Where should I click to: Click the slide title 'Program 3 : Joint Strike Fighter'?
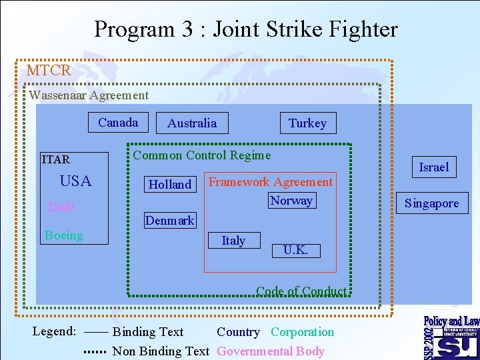[245, 29]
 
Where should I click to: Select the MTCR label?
[49, 71]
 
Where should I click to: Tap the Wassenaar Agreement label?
[89, 95]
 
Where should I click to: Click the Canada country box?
[118, 123]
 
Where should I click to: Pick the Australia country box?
[191, 123]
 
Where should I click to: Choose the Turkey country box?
[307, 123]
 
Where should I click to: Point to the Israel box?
[433, 167]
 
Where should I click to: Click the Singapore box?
[431, 203]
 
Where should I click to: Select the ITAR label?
[55, 159]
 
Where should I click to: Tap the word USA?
[75, 181]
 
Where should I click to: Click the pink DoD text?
[62, 208]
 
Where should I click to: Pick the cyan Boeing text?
[64, 235]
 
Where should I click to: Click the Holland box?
[170, 185]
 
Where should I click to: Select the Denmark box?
[169, 221]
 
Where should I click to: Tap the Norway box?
[291, 201]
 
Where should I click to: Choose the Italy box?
[233, 241]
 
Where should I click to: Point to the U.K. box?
[295, 251]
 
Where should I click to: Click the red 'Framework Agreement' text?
[271, 182]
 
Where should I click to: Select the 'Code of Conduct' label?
[301, 291]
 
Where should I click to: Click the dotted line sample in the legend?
[95, 351]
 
